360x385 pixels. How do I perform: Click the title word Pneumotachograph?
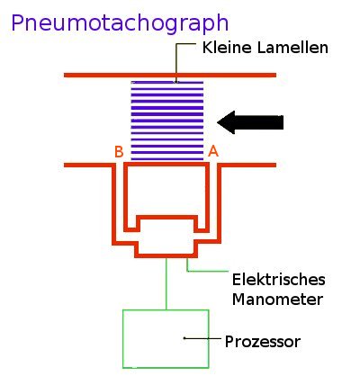tap(120, 23)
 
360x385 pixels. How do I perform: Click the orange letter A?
tap(213, 152)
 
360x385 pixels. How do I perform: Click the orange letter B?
tap(119, 152)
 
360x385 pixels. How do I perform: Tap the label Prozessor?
tap(262, 342)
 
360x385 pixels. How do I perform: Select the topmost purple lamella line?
tap(167, 83)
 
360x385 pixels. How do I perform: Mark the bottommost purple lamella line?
tap(167, 158)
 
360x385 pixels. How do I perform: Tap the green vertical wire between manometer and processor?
tap(166, 283)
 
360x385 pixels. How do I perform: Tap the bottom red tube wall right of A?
tap(247, 166)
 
